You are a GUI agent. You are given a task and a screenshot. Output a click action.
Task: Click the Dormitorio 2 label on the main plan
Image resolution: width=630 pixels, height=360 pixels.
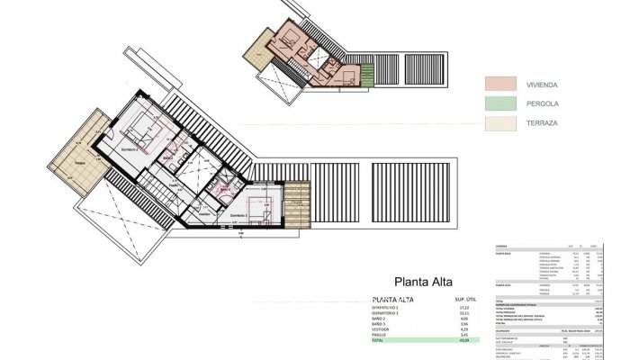(133, 149)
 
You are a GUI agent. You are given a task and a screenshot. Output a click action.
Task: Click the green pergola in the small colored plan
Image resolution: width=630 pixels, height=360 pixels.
(366, 75)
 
